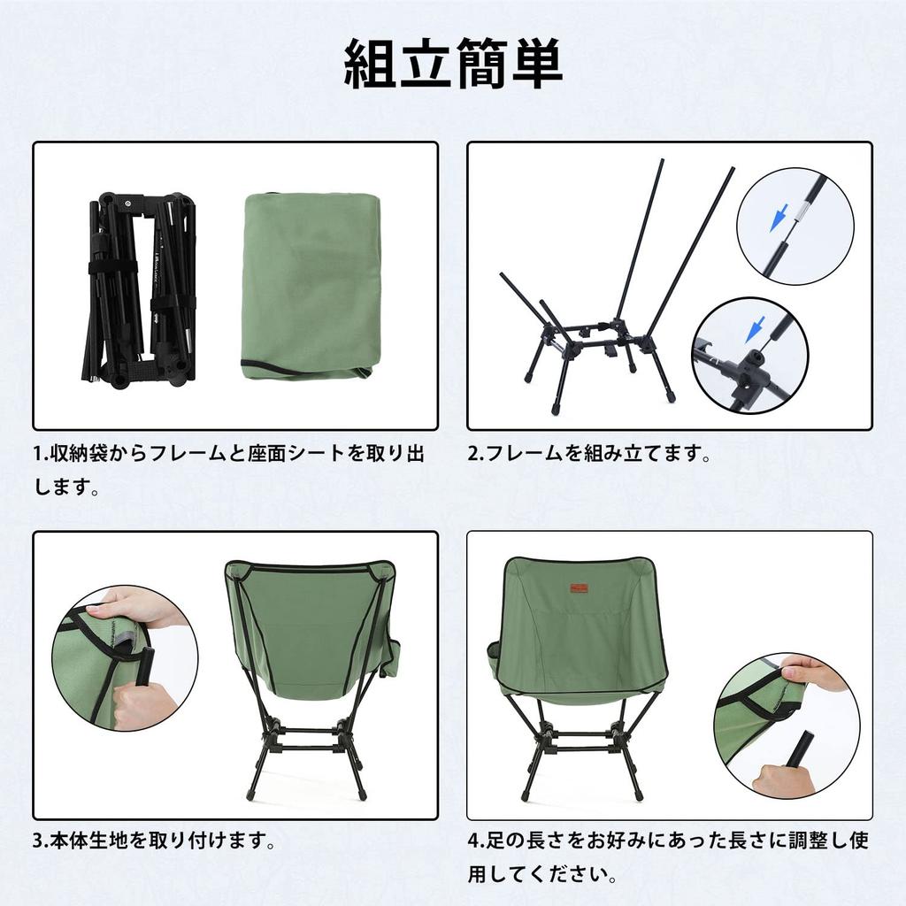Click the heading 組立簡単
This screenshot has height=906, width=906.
452,65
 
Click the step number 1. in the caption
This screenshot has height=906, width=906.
41,455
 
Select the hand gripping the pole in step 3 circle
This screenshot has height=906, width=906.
142,704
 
